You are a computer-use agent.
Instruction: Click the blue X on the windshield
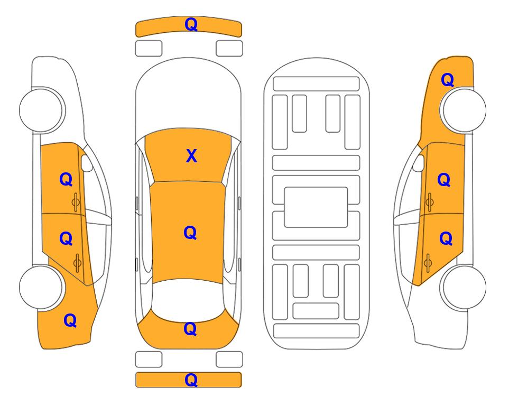point(191,156)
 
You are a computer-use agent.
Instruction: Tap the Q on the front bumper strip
point(191,24)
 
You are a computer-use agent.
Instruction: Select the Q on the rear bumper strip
point(191,380)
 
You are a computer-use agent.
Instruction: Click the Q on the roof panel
point(190,233)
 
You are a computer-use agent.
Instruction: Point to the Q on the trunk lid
point(190,329)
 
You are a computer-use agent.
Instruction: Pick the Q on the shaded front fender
point(447,80)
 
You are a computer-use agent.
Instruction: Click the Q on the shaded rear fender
point(70,320)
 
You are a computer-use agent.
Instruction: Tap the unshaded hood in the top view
point(188,97)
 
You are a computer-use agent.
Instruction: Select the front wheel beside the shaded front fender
point(462,110)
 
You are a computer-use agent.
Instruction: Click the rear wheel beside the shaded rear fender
point(41,287)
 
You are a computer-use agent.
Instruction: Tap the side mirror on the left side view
point(86,163)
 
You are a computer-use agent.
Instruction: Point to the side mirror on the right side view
point(419,163)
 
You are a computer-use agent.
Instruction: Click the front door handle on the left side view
point(76,202)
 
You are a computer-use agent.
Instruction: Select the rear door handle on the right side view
point(428,263)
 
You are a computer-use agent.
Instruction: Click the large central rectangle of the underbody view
point(316,207)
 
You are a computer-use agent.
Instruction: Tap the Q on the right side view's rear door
point(446,238)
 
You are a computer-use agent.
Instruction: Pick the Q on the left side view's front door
point(66,179)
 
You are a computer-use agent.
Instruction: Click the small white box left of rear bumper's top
point(149,359)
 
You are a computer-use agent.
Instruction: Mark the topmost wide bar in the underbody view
point(316,84)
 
